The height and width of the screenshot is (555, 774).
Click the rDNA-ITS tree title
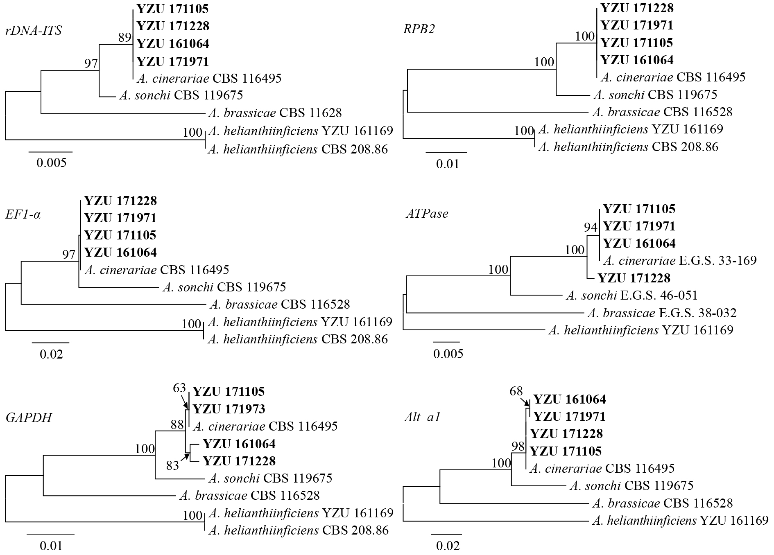pos(34,31)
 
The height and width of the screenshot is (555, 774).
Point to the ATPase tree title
pos(426,213)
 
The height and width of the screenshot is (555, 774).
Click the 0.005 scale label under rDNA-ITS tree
pos(51,163)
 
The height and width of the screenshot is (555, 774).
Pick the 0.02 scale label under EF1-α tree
pos(51,354)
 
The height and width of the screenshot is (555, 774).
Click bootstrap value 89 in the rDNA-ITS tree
pos(124,38)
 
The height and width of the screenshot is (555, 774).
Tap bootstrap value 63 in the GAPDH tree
pos(179,388)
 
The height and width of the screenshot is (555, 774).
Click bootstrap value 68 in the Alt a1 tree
pos(516,392)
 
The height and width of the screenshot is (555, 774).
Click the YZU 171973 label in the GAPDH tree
pos(229,409)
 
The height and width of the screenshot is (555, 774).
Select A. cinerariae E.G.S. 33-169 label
pos(680,260)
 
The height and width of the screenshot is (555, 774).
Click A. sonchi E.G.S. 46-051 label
pos(631,295)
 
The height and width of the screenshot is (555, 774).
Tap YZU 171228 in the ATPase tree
pos(634,278)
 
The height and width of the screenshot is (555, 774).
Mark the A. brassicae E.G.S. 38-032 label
pos(661,313)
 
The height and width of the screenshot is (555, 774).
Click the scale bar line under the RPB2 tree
pos(446,152)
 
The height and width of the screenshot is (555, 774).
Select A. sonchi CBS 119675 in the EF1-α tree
pos(224,287)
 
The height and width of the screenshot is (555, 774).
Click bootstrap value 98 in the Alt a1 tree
pos(518,447)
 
